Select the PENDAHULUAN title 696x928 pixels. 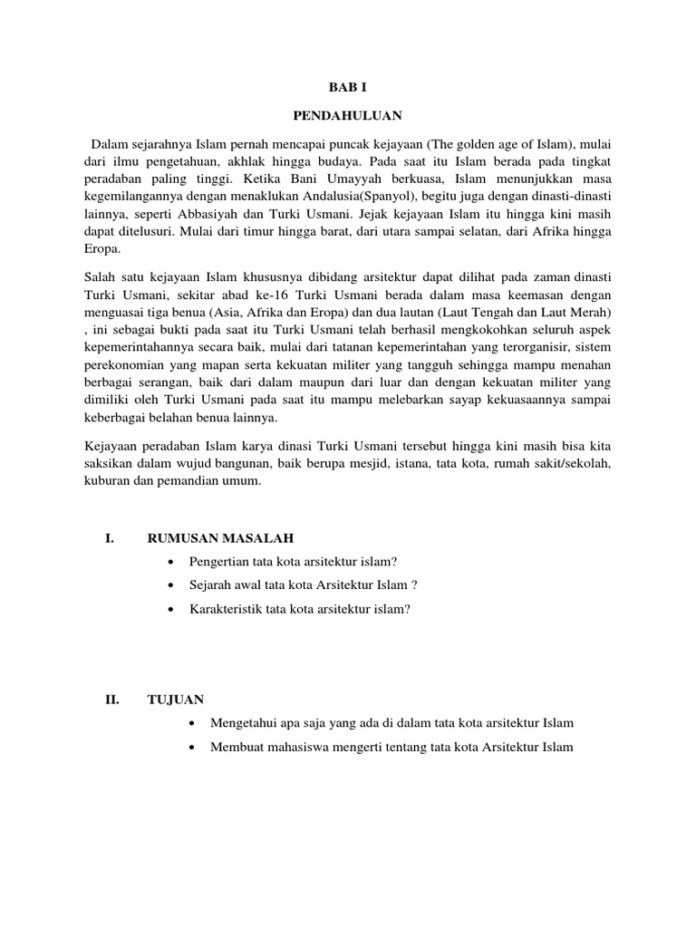point(347,116)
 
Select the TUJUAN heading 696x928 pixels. point(176,699)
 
